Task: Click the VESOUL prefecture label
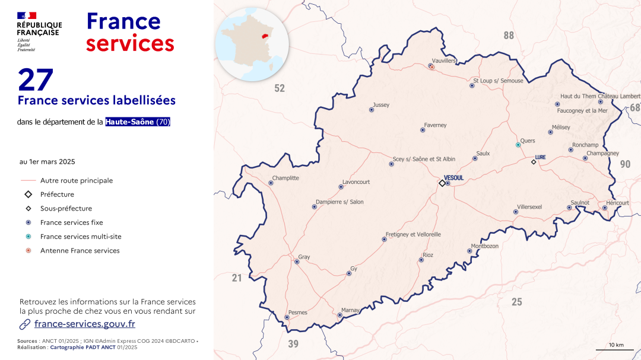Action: coord(453,177)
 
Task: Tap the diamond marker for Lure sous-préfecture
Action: coord(533,162)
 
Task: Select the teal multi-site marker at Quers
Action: coord(518,145)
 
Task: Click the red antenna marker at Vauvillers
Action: coord(432,67)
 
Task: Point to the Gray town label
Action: coord(304,257)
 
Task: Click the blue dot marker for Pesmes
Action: coord(287,317)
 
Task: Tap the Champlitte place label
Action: coord(285,178)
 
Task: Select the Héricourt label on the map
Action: coord(617,203)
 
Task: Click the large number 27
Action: coord(36,80)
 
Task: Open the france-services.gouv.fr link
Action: coord(85,324)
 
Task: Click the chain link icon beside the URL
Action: coord(25,324)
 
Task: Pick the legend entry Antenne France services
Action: coord(80,251)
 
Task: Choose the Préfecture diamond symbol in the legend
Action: coord(28,195)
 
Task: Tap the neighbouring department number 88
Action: coord(509,36)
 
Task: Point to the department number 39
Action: coord(293,344)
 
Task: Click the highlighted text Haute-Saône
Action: coord(130,122)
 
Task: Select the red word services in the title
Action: coord(130,43)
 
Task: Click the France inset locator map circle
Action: coord(252,44)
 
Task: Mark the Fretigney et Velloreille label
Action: coord(413,234)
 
